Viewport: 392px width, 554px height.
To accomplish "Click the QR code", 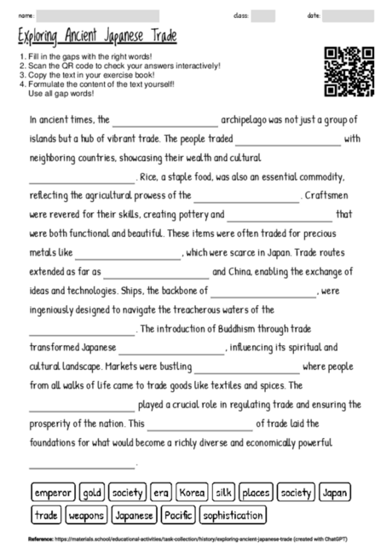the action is (349, 72).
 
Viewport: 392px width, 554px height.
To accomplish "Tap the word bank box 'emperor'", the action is (54, 493).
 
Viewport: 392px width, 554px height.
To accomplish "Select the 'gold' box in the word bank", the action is (93, 493).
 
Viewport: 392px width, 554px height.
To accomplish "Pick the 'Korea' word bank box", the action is (193, 493).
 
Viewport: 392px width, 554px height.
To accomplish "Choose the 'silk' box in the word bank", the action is (224, 493).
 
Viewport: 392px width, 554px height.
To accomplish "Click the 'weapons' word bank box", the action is (86, 515).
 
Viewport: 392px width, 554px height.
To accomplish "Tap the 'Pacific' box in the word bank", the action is (178, 515).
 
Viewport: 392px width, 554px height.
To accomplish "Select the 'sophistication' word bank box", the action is (233, 515).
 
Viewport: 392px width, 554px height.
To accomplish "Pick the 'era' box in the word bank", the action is (161, 493).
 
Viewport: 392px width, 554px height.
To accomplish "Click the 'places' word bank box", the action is (255, 493).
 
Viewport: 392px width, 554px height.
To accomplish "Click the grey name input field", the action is (98, 15).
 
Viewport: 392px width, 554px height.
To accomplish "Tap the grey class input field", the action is (263, 15).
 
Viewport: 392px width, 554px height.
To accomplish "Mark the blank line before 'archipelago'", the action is (164, 121).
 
